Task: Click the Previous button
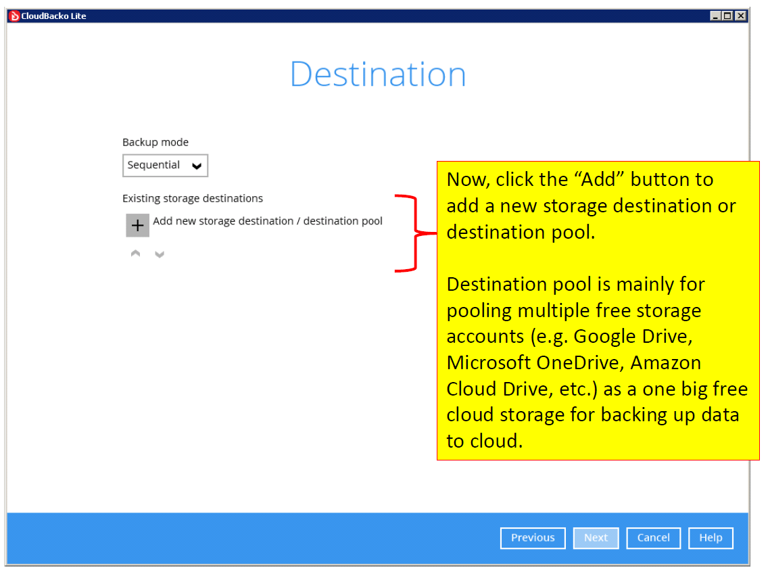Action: click(533, 538)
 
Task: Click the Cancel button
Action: click(653, 538)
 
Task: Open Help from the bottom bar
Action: click(711, 538)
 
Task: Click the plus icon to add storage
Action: click(138, 225)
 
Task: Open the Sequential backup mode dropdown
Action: click(165, 166)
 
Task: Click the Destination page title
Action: click(378, 74)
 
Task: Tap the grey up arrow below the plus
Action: click(136, 253)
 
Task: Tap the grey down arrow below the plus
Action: click(159, 254)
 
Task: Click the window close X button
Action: click(741, 16)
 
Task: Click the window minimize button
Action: click(715, 16)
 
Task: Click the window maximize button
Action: click(728, 16)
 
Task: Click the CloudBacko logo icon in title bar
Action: click(15, 16)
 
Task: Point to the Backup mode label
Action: click(155, 143)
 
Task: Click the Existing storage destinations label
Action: click(193, 198)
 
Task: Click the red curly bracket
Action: click(415, 233)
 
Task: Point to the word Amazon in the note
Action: click(666, 363)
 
